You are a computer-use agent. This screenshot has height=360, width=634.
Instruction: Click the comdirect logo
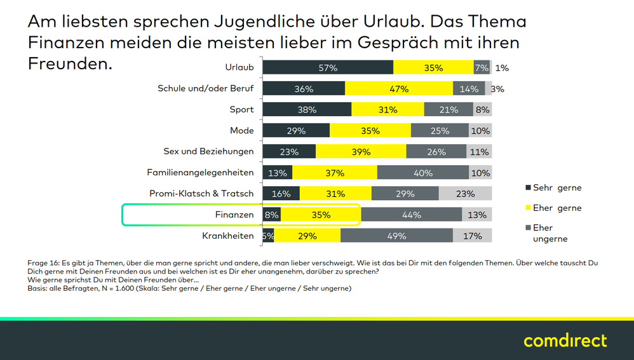coord(565,340)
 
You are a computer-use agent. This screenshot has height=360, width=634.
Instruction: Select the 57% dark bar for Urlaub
coord(328,68)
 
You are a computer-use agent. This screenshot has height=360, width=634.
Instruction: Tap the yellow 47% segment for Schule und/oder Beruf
coord(399,89)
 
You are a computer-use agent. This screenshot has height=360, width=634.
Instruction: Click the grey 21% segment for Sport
coord(449,110)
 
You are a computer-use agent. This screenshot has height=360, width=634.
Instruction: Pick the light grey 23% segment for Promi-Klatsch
coord(465,194)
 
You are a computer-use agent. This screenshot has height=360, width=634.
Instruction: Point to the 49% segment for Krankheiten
coord(396,236)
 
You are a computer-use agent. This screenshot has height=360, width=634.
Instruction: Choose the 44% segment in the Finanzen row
coord(411,215)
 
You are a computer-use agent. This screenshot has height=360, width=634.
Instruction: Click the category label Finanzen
coord(234,215)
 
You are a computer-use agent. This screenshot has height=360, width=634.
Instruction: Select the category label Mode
coord(241,131)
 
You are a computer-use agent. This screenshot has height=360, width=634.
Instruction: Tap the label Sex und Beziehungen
coord(208,152)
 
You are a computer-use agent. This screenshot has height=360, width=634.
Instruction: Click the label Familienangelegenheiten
coord(200,173)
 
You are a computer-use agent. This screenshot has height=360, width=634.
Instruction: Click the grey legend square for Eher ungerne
coord(528,228)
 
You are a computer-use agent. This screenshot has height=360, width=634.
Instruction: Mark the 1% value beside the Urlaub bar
coord(502,68)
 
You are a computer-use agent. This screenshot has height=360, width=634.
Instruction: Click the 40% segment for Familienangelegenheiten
coord(422,173)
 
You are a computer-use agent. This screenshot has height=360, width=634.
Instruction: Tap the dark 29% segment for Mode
coord(296,131)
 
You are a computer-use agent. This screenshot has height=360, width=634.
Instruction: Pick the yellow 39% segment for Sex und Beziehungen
coord(361,152)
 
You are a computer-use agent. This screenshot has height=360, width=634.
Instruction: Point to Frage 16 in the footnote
coord(44,263)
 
